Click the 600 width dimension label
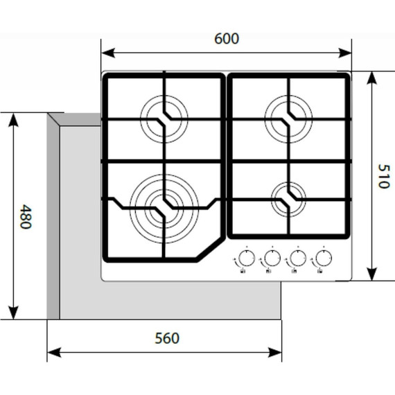coord(227,39)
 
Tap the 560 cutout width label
coord(167,338)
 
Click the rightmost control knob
coord(322,259)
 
